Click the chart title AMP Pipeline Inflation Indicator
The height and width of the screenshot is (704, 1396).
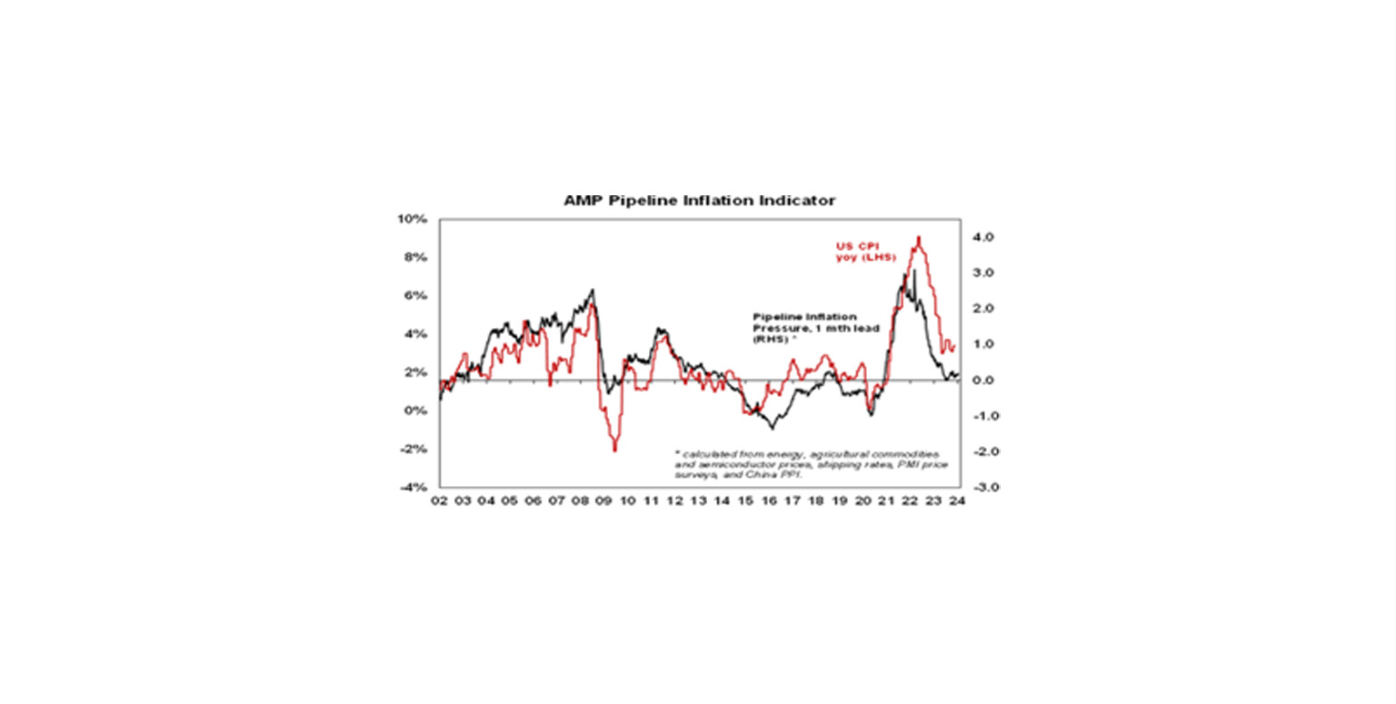pos(699,200)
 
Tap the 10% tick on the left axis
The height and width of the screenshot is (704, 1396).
pos(414,219)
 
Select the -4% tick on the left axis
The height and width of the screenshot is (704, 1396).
pos(415,488)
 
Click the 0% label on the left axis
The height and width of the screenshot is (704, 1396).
pos(417,411)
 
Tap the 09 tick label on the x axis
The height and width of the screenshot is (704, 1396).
pos(603,501)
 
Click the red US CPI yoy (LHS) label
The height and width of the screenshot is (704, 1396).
pos(865,252)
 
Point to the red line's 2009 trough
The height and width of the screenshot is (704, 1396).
pos(615,451)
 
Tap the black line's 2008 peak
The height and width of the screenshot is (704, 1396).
pos(593,291)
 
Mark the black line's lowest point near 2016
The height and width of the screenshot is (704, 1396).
pos(772,428)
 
